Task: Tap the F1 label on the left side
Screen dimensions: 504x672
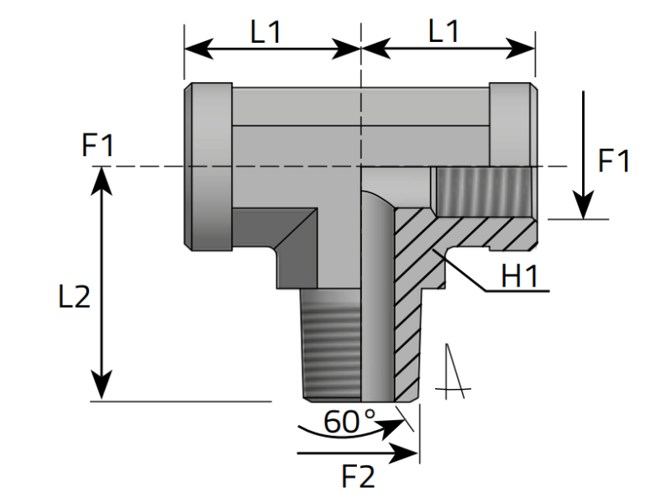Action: pyautogui.click(x=97, y=146)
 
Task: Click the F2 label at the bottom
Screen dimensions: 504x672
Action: pyautogui.click(x=359, y=477)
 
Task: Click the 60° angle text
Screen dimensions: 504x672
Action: pyautogui.click(x=350, y=422)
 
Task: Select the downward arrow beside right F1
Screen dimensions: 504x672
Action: pyautogui.click(x=583, y=155)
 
